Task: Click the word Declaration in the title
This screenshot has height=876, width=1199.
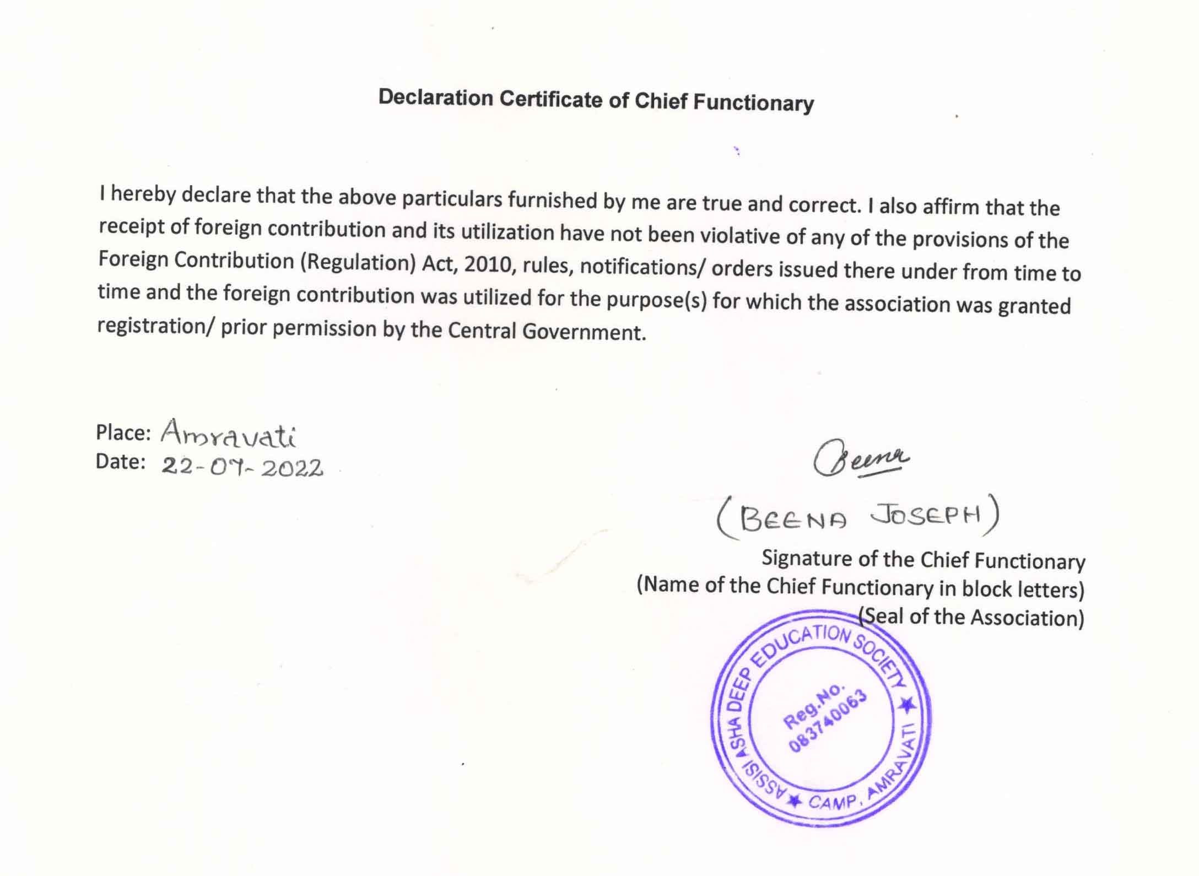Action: coord(435,98)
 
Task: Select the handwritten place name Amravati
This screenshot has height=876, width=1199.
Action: coord(229,434)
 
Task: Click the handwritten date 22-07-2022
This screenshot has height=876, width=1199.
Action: coord(242,468)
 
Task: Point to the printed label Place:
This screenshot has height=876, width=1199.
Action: coord(123,432)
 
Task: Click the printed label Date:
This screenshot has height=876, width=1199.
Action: coord(121,462)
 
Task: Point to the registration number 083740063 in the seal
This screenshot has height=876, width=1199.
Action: coord(827,722)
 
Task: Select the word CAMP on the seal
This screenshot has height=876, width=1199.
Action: coord(833,802)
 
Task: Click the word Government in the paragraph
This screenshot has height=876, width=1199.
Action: coord(584,332)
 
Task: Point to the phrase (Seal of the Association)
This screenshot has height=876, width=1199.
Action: coord(971,617)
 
